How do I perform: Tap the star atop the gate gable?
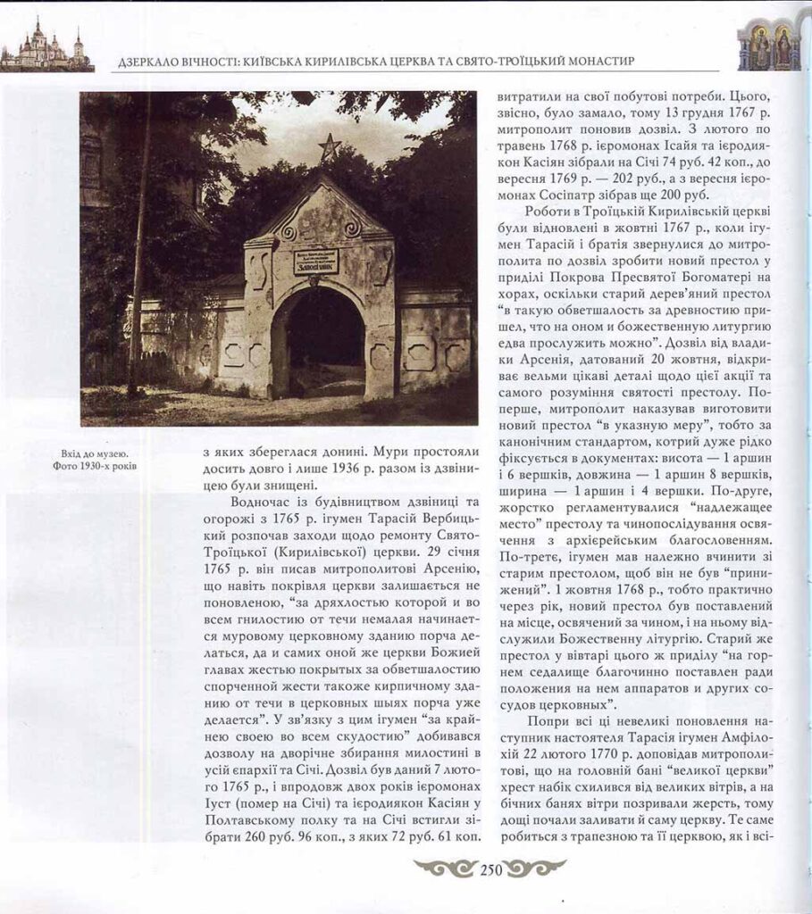[x=330, y=146]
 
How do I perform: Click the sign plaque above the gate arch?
[x=316, y=261]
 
